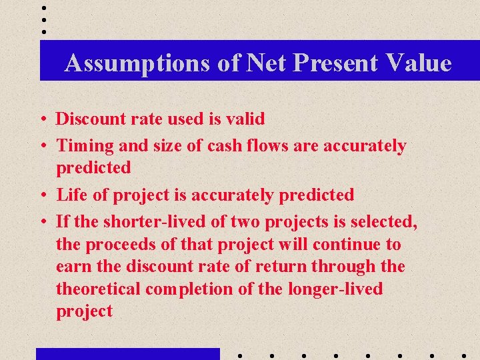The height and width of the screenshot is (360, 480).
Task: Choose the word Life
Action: tap(71, 195)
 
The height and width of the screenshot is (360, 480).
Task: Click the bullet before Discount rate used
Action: tap(42, 120)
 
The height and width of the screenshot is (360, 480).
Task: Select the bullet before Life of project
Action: tap(42, 196)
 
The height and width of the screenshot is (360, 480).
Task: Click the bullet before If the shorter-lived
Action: tap(42, 221)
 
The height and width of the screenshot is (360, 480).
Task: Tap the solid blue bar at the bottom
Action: tap(127, 353)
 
